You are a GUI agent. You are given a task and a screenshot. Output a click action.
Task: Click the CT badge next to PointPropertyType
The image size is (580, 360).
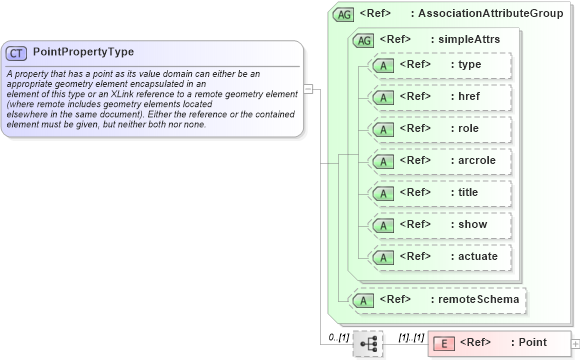[x=17, y=52]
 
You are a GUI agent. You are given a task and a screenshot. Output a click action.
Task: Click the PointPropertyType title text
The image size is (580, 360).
[x=83, y=52]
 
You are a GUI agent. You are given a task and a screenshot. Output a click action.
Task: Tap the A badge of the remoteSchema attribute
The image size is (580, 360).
[x=367, y=298]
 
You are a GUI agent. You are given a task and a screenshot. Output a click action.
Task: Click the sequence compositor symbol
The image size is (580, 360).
[x=368, y=343]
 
